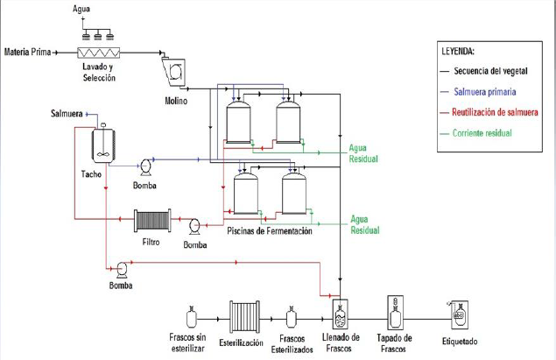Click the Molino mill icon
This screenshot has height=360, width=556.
(x=173, y=69)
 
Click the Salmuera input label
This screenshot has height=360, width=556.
(x=67, y=114)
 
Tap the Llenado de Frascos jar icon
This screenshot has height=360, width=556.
(x=341, y=315)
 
